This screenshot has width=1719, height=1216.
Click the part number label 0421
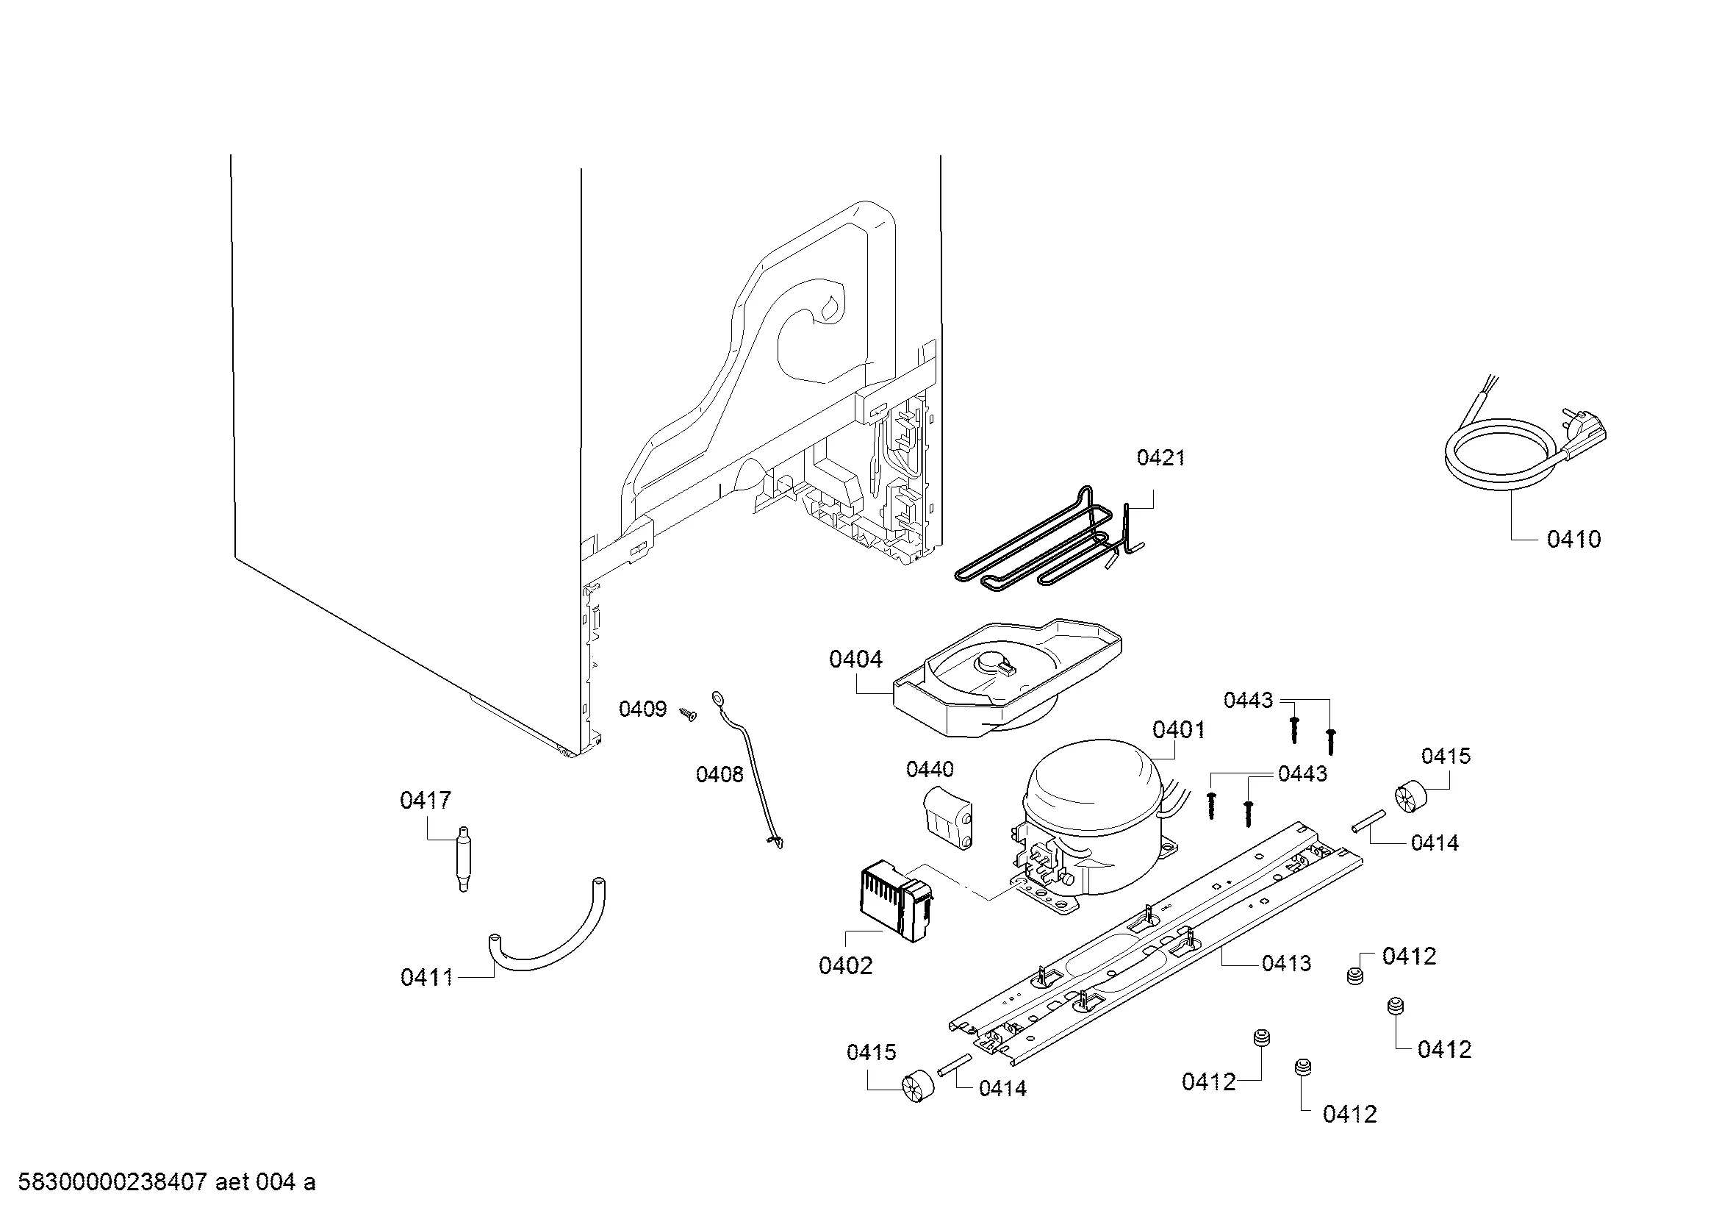(x=1160, y=457)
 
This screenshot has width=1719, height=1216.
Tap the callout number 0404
(x=855, y=659)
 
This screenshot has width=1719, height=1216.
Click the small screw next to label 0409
(x=687, y=715)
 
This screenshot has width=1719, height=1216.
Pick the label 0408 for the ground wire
(x=719, y=774)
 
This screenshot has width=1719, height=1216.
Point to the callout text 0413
(x=1286, y=963)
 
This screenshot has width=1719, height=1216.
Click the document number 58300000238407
(x=112, y=1182)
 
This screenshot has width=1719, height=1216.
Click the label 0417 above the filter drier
(x=426, y=801)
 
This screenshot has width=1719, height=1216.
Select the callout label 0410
(x=1573, y=539)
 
